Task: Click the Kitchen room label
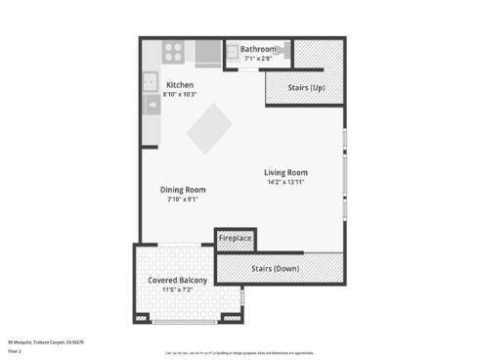coord(180,85)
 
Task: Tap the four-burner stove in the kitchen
coord(174,52)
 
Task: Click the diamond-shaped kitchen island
coord(210,129)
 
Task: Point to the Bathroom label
coord(258,49)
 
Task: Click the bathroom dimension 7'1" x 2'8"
coord(258,58)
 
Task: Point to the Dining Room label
coord(183,190)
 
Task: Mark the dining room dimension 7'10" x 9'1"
coord(183,199)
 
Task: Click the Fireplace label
coord(235,238)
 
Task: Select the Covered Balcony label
coord(177,281)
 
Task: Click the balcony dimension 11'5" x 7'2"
coord(177,290)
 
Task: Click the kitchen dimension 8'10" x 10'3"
coord(180,94)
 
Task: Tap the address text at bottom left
coord(47,341)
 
